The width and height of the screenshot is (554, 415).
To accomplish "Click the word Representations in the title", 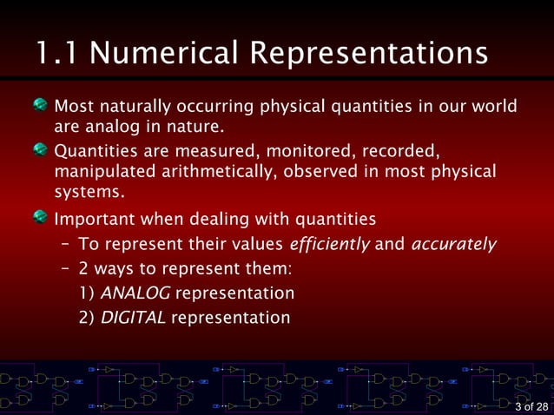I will [368, 54].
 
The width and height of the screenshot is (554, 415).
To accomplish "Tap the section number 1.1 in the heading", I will [58, 54].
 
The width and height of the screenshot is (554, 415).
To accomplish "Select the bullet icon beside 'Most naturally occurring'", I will [41, 107].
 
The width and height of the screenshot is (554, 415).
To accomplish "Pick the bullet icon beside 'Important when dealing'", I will [41, 217].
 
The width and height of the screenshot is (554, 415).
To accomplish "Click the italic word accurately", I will [453, 243].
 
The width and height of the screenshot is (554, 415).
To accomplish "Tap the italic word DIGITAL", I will [133, 318].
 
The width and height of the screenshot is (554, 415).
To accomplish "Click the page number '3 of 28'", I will [531, 406].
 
